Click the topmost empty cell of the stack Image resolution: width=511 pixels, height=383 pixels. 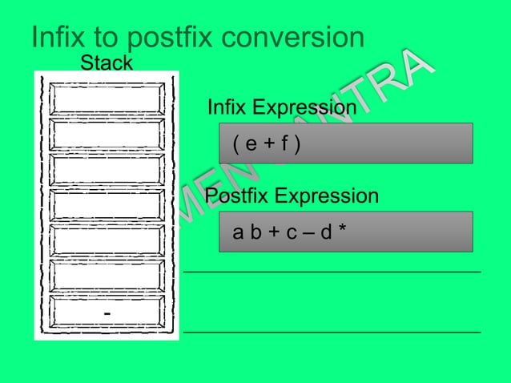point(107,99)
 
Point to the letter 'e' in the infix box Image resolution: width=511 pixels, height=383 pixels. point(251,144)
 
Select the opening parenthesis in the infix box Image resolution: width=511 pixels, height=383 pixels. point(236,144)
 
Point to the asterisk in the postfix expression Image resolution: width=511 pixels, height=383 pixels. point(343,232)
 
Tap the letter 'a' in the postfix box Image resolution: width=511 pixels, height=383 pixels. point(238,233)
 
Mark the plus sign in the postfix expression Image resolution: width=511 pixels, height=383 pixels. point(273,233)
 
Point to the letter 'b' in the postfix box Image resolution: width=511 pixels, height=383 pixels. point(255,232)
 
